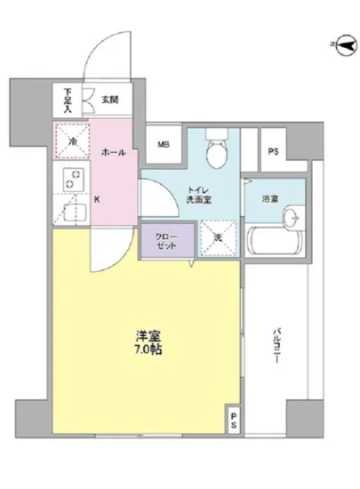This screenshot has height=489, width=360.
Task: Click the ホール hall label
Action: (x=113, y=152)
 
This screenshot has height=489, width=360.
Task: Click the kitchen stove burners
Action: (x=70, y=179)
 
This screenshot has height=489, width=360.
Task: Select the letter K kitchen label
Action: (x=97, y=198)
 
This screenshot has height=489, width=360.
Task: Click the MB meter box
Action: (x=164, y=144)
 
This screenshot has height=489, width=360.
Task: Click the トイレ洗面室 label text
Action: (x=197, y=195)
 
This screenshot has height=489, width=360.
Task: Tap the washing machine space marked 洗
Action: (x=214, y=236)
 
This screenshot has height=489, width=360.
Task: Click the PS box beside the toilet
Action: (x=274, y=150)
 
